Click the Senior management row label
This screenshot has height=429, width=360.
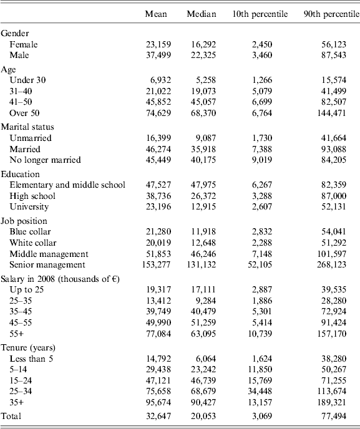tap(49, 264)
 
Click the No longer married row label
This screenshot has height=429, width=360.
tap(45, 160)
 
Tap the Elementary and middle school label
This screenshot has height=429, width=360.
tap(67, 185)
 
